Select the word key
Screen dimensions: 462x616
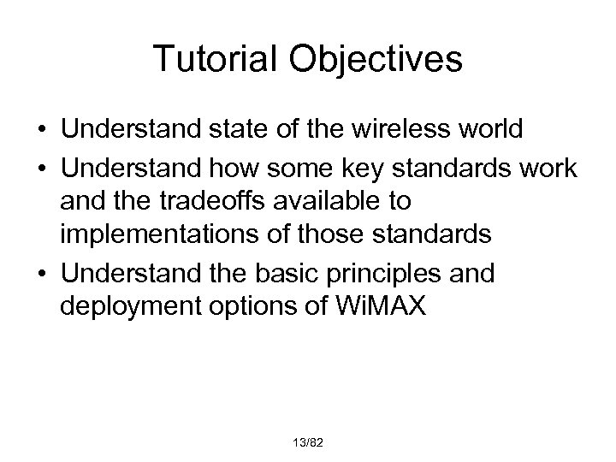click(393, 170)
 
